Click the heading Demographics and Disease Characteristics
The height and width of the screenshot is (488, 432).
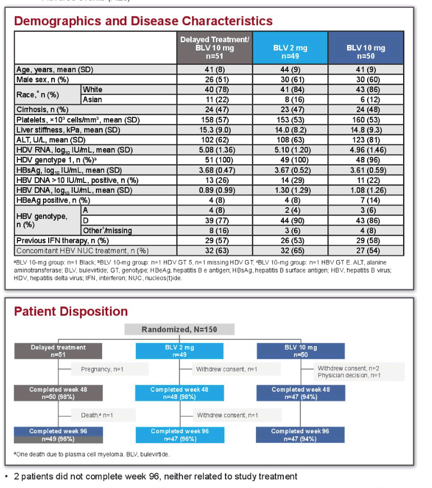143,21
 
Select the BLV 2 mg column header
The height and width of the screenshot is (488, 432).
290,48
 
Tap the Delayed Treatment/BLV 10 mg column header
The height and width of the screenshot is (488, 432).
215,48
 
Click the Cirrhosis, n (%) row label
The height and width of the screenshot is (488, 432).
42,109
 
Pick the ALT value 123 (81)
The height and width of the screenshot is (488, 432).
366,140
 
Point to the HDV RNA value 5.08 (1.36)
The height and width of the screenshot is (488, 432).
217,150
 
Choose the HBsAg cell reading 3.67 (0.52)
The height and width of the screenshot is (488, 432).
292,170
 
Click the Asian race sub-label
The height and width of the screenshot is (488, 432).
92,99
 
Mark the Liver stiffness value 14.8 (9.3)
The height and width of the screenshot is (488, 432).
366,130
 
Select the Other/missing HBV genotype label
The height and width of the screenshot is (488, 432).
107,231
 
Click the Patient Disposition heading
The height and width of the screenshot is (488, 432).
71,311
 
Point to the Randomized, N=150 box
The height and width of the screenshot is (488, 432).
179,330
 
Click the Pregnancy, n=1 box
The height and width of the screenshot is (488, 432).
110,369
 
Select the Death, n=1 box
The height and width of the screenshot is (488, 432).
104,415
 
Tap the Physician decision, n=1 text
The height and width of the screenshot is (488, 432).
349,376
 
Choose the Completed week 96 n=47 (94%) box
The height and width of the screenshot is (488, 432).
300,435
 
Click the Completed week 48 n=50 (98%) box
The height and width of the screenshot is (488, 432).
58,393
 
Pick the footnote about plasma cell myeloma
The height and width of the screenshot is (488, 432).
92,455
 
